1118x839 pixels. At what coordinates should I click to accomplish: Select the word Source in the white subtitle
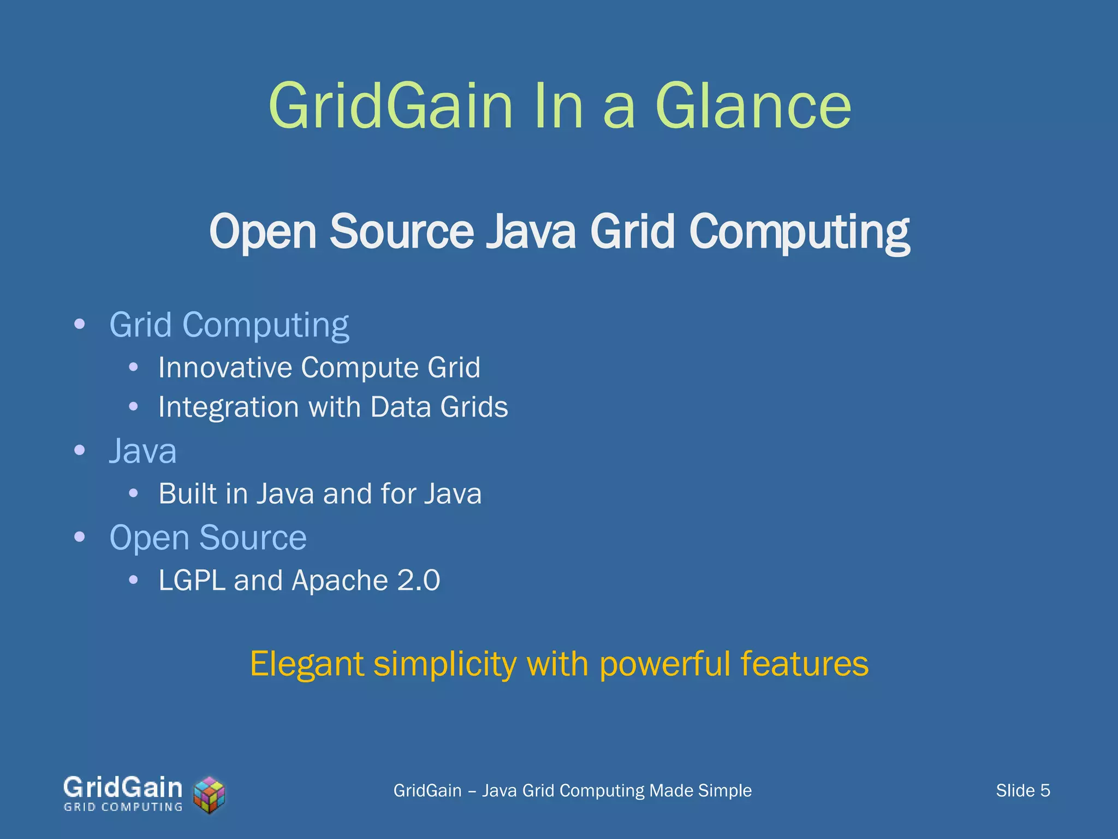coord(402,232)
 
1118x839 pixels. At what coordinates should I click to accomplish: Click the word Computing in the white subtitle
coord(799,233)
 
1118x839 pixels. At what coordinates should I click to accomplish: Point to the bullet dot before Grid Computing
coord(80,324)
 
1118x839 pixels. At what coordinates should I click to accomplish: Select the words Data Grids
coord(439,407)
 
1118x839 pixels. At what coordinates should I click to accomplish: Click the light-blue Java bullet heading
coord(143,451)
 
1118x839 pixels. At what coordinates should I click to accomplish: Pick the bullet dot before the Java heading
coord(80,451)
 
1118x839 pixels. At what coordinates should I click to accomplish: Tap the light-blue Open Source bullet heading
coord(208,537)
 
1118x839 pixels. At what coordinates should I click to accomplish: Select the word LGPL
coord(192,580)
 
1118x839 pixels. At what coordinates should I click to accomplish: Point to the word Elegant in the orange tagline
coord(307,664)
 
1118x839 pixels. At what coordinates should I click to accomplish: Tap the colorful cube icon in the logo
coord(210,794)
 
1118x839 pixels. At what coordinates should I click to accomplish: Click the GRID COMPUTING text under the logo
coord(123,807)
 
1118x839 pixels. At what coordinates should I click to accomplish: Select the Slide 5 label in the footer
coord(1022,790)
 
